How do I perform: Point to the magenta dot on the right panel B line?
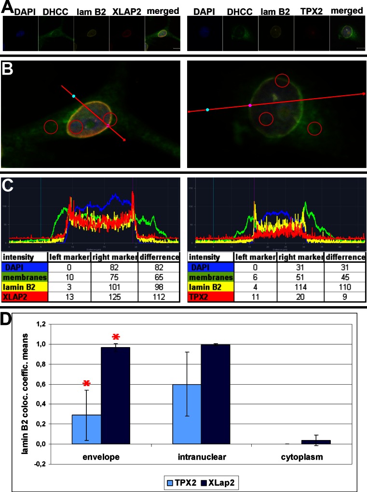tap(250, 104)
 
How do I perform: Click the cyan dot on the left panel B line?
tap(73, 97)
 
